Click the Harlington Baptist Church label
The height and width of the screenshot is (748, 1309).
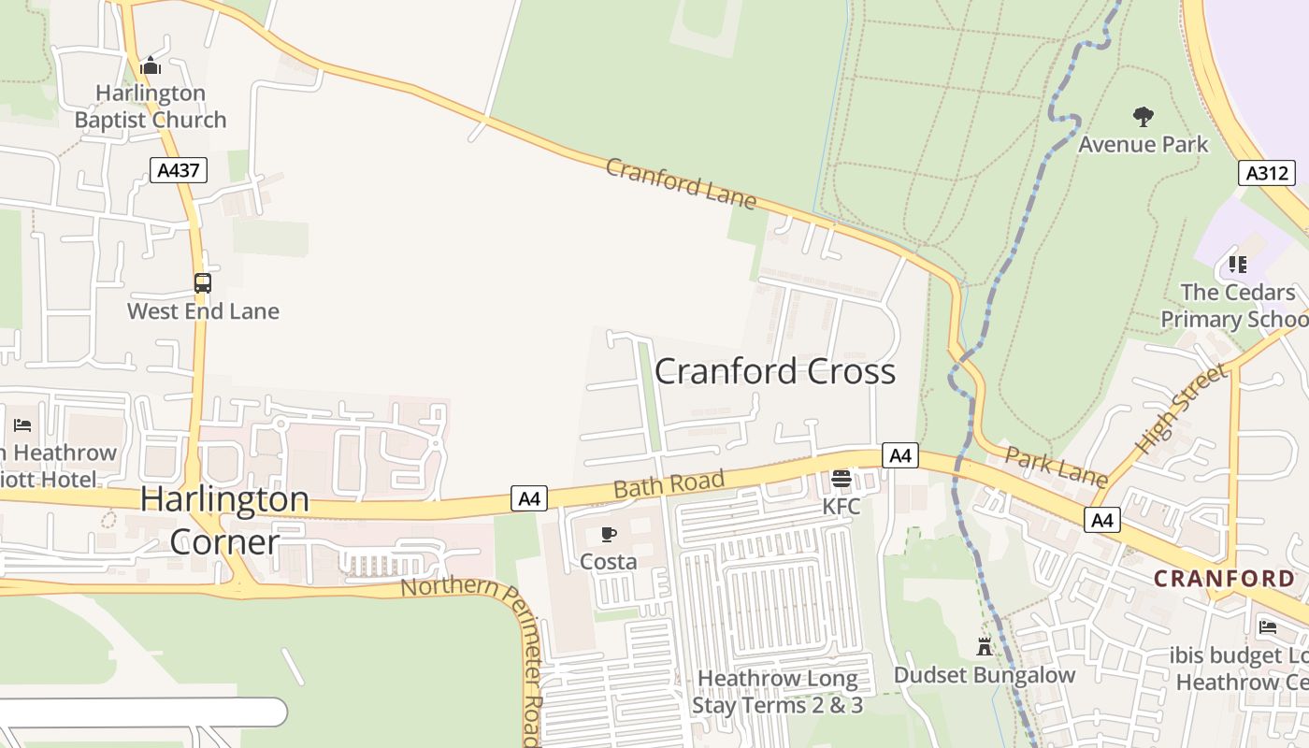(151, 107)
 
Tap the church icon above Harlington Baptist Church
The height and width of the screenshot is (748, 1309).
(150, 66)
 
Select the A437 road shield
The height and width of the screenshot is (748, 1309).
(178, 170)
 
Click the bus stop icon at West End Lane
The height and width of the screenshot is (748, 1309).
(202, 282)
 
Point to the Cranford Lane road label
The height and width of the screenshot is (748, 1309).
(680, 183)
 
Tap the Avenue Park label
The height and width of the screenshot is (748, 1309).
(1143, 144)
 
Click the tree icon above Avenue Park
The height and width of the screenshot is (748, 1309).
(1143, 117)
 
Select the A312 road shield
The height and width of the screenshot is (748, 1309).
(1267, 172)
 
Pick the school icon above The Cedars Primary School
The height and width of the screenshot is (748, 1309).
(1237, 265)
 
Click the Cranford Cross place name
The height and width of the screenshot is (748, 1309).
(774, 371)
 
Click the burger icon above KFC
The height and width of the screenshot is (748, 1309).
(841, 480)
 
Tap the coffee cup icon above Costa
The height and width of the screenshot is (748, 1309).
(608, 535)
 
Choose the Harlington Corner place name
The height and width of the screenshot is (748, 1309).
(224, 520)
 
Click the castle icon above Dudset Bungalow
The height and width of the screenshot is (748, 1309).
(984, 646)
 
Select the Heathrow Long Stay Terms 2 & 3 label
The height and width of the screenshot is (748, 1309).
(777, 691)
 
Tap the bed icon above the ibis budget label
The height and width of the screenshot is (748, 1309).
(1267, 626)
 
